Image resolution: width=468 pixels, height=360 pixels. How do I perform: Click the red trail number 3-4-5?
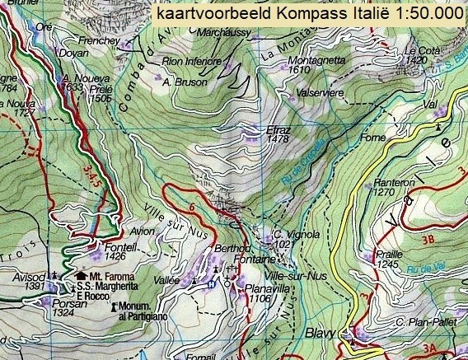(x=96, y=175)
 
